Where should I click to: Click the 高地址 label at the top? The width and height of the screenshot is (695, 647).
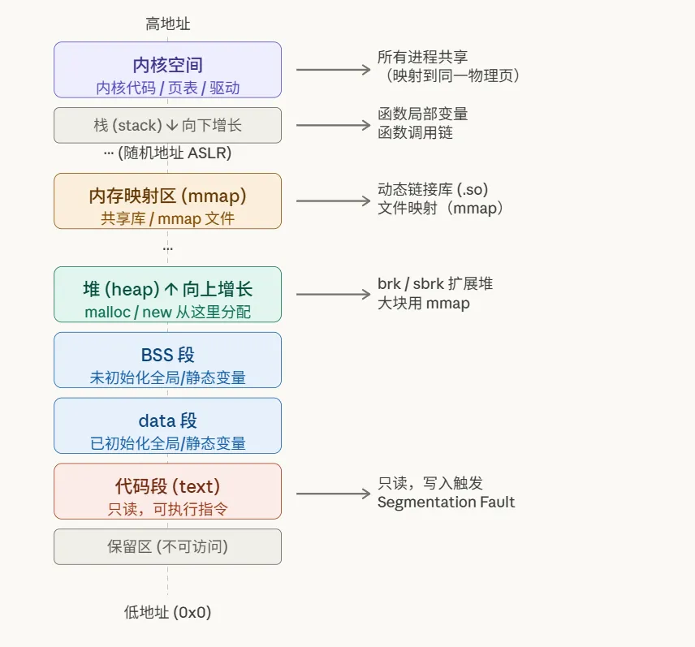coord(168,24)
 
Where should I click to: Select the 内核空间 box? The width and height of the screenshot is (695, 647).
coord(168,70)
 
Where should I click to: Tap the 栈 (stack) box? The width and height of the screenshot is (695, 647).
coord(168,125)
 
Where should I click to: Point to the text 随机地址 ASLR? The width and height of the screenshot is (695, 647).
coord(175,153)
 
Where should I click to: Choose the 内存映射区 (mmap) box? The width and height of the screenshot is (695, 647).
coord(168,201)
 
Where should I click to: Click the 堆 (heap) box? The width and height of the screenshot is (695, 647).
coord(168,295)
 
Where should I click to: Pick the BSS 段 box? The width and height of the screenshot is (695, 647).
coord(168,360)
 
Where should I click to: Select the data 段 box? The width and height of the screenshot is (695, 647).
coord(168,425)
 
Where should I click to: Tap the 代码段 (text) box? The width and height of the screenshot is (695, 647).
coord(168,491)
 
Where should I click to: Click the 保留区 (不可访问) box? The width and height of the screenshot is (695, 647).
coord(168,546)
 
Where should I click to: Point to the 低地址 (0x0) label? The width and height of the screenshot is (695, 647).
coord(168,612)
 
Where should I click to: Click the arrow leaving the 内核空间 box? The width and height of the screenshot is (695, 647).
coord(333,70)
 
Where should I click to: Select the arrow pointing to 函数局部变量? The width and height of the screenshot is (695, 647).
coord(333,125)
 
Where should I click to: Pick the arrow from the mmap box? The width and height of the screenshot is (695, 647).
coord(333,201)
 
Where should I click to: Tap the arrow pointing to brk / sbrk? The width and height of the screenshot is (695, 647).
coord(333,295)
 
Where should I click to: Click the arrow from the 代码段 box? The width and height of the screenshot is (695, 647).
coord(333,493)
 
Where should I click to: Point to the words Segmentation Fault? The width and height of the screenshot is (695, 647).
coord(446,502)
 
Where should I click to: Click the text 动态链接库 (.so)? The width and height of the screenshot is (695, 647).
coord(433,189)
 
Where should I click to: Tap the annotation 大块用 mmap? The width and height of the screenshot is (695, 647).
coord(424,304)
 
